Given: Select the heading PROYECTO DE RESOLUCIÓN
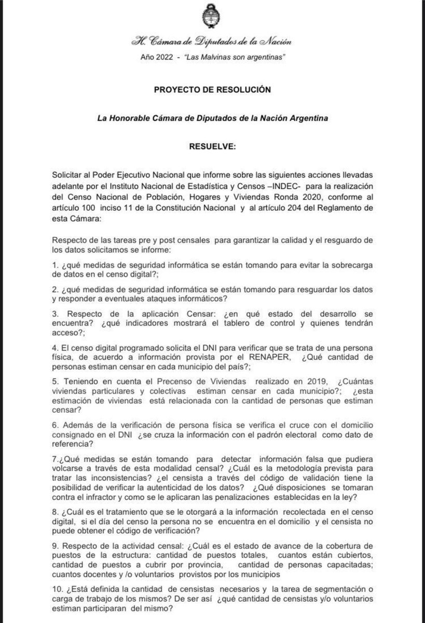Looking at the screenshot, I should click(213, 90).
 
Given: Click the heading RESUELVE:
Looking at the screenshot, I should click(213, 147).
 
